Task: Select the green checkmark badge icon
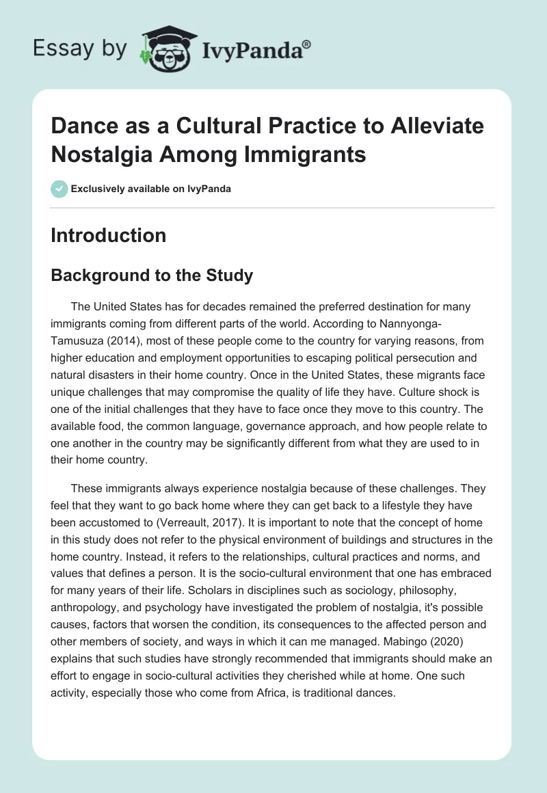(x=59, y=189)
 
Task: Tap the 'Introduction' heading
(x=108, y=235)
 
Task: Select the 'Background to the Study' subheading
(x=152, y=275)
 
